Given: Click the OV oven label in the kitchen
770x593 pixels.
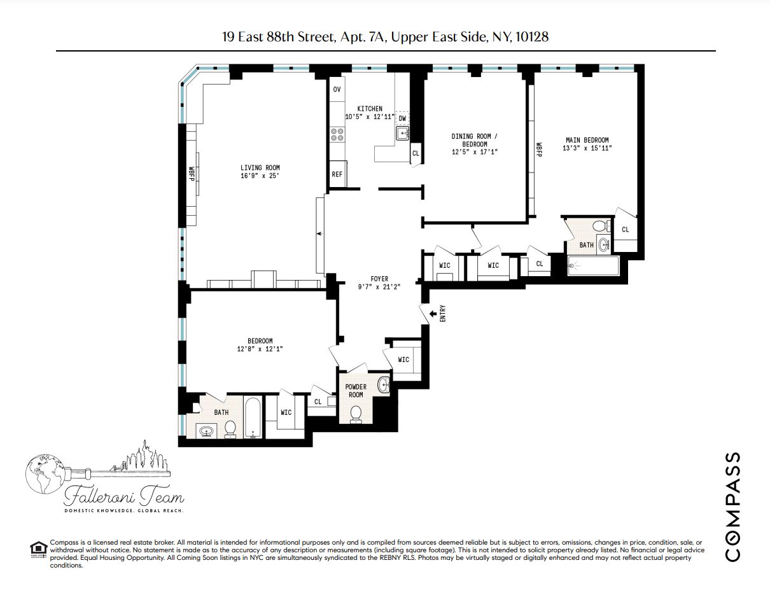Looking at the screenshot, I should pyautogui.click(x=337, y=89).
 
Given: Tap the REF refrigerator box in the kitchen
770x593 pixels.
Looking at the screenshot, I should pyautogui.click(x=337, y=174).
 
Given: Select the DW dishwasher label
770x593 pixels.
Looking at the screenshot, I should pyautogui.click(x=402, y=119).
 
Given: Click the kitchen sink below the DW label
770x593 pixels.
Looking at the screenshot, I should pyautogui.click(x=402, y=133).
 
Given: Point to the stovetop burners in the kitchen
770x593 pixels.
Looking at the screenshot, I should pyautogui.click(x=337, y=134).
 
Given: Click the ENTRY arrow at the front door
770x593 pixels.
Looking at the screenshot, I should pyautogui.click(x=435, y=313).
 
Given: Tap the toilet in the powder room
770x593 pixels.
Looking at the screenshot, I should pyautogui.click(x=356, y=414).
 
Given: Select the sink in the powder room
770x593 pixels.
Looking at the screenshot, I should pyautogui.click(x=383, y=384).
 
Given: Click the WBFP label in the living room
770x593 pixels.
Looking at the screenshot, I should pyautogui.click(x=190, y=174).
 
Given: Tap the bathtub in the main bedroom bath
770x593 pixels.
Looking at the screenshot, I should pyautogui.click(x=593, y=266).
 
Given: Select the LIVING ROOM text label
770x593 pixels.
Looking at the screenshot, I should pyautogui.click(x=260, y=168).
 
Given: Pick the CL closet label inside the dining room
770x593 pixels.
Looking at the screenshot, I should pyautogui.click(x=416, y=153).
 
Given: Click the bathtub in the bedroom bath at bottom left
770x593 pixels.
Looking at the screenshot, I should pyautogui.click(x=253, y=417).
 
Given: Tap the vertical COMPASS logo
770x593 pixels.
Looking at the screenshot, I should pyautogui.click(x=732, y=506).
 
